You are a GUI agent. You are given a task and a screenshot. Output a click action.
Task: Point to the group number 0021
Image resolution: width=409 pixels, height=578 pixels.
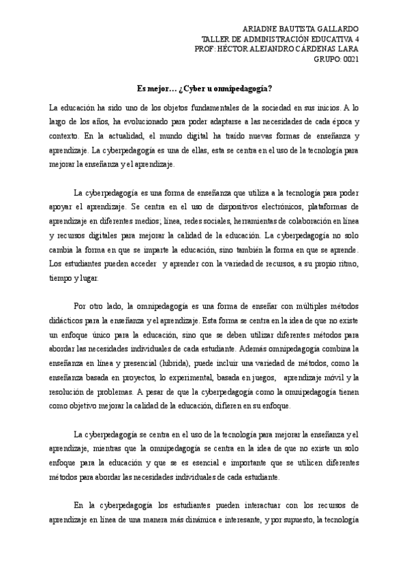348,59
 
